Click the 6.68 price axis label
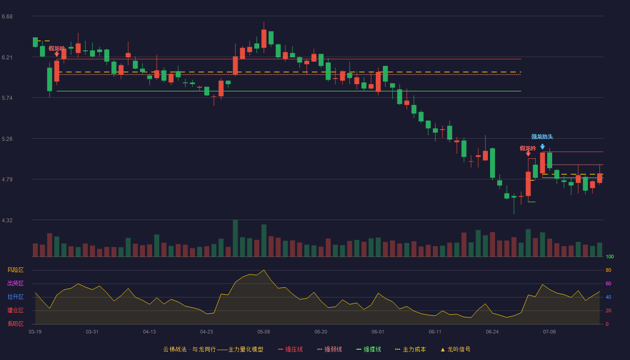tap(7, 17)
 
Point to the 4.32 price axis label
tap(7, 220)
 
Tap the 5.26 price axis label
tap(7, 139)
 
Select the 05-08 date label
tap(264, 332)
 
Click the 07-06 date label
tap(549, 332)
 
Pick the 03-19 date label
tap(35, 332)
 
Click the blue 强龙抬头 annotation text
tap(542, 137)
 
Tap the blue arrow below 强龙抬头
tap(543, 147)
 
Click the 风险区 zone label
tap(15, 270)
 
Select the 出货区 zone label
tap(15, 283)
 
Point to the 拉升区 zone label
tap(15, 297)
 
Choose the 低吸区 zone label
tap(15, 324)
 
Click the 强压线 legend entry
tap(290, 349)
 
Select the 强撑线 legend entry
tap(369, 349)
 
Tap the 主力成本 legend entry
tap(410, 349)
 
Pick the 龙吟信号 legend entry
tap(455, 349)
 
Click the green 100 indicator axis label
tap(610, 256)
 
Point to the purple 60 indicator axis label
tap(608, 283)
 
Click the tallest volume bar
tap(235, 238)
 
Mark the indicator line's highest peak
tap(264, 270)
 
